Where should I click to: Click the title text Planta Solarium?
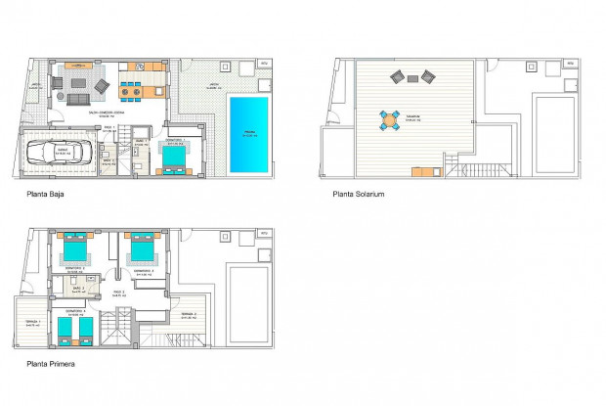pos(359,195)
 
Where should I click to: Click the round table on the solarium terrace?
pos(390,120)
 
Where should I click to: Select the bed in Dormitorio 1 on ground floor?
pos(176,155)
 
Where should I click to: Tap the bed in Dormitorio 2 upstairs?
pos(74,248)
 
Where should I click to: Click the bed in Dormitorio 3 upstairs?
pos(141,248)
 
